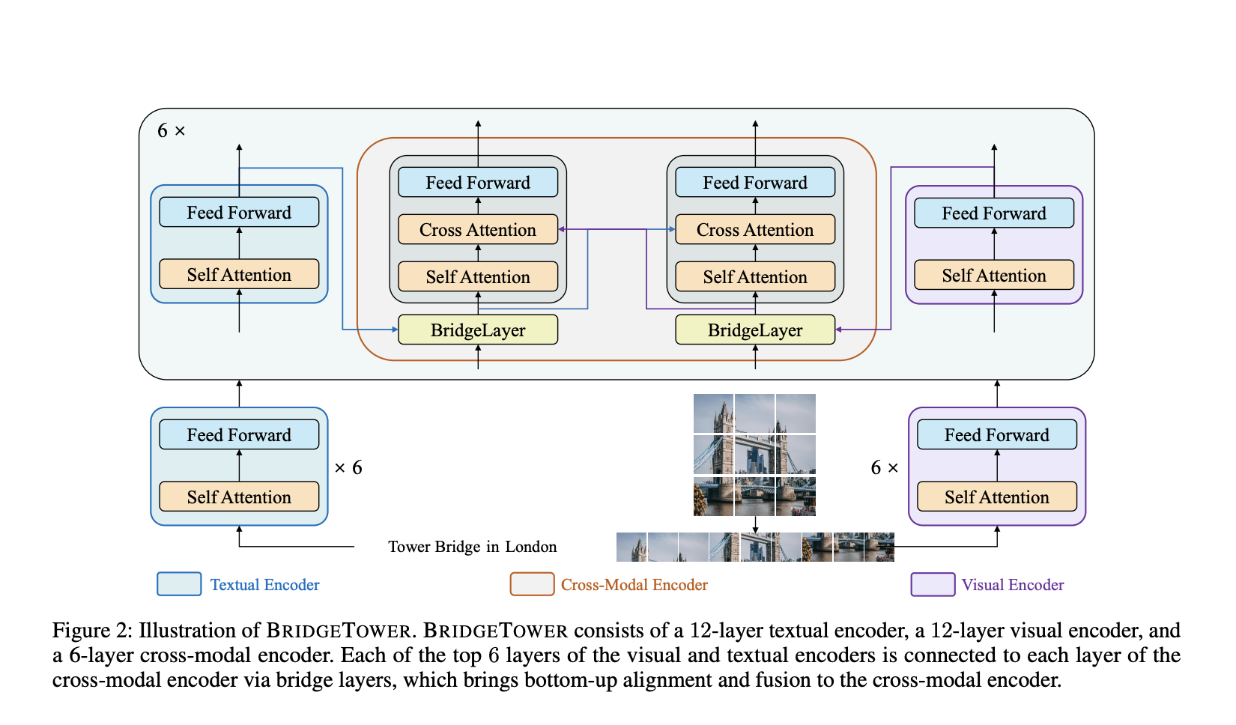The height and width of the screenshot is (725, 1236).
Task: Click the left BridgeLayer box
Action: (x=478, y=330)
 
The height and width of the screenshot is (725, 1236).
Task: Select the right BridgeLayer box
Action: (x=755, y=330)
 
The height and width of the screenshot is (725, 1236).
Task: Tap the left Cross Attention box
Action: (x=478, y=229)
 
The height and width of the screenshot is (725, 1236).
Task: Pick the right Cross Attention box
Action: (x=755, y=229)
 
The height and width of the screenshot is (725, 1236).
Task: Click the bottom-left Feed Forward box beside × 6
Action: (x=239, y=434)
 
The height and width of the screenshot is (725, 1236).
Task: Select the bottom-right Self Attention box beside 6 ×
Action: (x=996, y=497)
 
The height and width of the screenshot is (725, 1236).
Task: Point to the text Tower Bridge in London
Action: (x=472, y=547)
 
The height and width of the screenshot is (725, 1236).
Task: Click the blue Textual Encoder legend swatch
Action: (x=179, y=584)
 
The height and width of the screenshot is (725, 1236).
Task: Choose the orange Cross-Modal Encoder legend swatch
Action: (x=532, y=584)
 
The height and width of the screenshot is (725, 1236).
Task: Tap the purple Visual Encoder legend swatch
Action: (x=933, y=584)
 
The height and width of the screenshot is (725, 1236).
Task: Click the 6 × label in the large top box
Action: (x=171, y=131)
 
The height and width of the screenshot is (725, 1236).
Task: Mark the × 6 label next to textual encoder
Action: (x=348, y=467)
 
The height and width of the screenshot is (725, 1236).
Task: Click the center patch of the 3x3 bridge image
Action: (x=755, y=455)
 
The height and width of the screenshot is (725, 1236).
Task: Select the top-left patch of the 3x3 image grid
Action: (x=713, y=413)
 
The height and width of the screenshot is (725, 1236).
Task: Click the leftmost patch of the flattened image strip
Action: (x=631, y=547)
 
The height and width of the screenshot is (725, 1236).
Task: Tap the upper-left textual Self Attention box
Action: (x=239, y=274)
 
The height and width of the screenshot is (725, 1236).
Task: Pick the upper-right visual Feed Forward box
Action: (x=993, y=213)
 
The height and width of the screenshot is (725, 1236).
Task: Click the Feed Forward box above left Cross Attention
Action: (x=478, y=182)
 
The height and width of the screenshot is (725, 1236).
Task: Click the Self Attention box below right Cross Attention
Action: (x=755, y=276)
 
